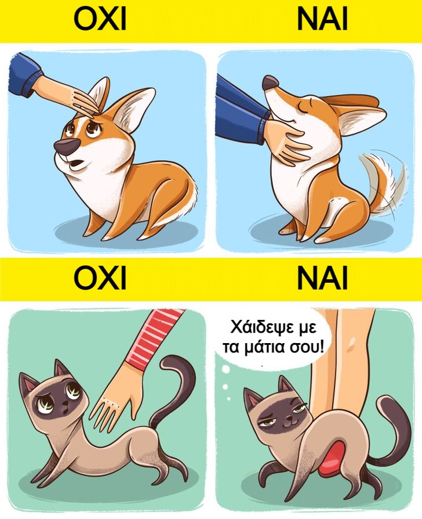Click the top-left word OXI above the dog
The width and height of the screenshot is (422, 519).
100,19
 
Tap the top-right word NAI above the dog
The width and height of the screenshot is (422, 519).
322,19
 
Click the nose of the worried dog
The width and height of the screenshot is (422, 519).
66,147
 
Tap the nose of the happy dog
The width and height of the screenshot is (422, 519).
270,82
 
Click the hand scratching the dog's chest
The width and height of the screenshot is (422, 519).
286,140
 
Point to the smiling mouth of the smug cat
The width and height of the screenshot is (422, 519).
288,423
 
